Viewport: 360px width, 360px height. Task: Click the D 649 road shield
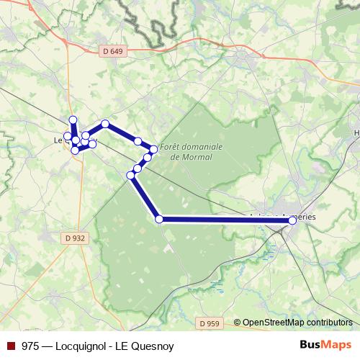[x=108, y=52]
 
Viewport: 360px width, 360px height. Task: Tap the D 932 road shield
[x=74, y=237]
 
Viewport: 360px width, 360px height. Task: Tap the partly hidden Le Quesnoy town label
[x=60, y=141]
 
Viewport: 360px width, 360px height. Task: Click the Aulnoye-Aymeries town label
[x=284, y=215]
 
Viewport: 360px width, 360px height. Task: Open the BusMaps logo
[x=325, y=345]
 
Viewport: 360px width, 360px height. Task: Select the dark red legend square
[x=10, y=345]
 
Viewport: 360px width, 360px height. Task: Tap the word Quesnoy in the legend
[x=153, y=345]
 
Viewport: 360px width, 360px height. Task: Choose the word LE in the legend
[x=125, y=345]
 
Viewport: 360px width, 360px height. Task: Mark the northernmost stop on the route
[x=72, y=120]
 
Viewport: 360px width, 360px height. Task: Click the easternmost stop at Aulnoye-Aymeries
[x=292, y=221]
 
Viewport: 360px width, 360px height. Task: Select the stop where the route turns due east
[x=160, y=219]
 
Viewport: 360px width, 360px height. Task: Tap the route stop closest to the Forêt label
[x=153, y=149]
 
